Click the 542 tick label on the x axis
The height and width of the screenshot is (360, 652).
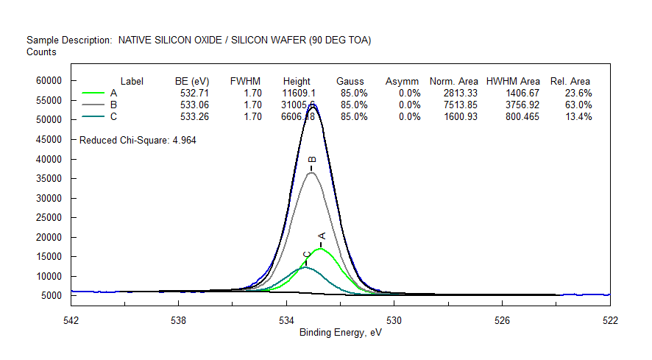coord(71,320)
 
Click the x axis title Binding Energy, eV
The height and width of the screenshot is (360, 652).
coord(341,333)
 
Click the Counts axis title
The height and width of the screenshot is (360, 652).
coord(41,52)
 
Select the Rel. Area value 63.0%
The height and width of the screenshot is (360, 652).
coord(578,105)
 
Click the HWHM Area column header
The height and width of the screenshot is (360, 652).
coord(513,81)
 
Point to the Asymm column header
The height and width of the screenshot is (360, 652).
coord(403,81)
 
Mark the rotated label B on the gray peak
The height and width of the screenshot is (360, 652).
coord(311,160)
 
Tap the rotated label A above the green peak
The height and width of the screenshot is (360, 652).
coord(321,236)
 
